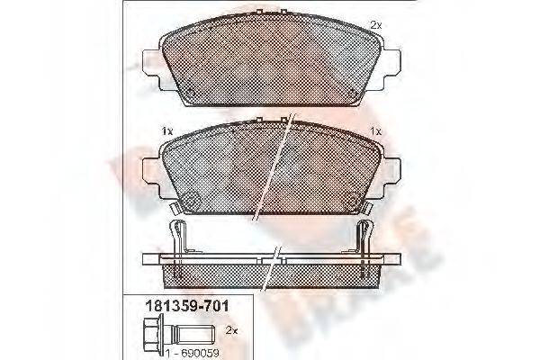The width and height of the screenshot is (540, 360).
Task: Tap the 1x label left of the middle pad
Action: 166,131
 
